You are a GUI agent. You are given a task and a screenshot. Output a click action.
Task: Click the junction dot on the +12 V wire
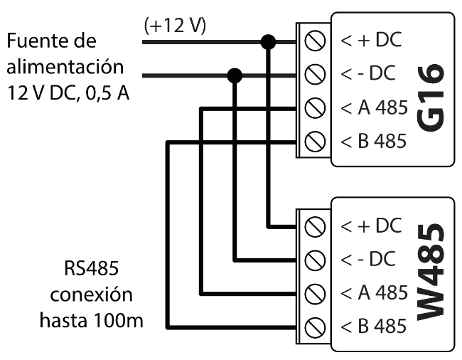click(x=269, y=42)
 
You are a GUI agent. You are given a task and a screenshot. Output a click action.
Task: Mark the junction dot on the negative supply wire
click(x=235, y=75)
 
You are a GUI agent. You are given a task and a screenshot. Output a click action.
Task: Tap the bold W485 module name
click(x=431, y=274)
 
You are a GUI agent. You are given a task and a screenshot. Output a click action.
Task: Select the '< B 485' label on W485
click(x=373, y=327)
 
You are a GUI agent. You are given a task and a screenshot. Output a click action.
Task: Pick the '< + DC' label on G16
click(x=371, y=41)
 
